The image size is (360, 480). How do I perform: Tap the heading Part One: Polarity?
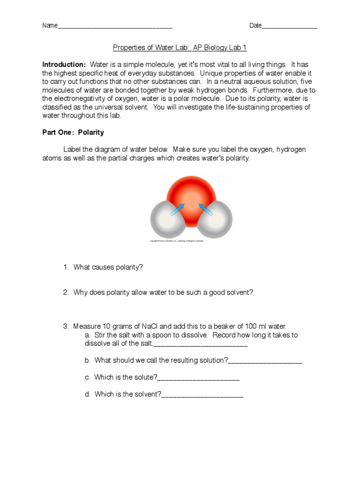click(x=73, y=133)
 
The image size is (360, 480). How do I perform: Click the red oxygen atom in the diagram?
click(x=190, y=192)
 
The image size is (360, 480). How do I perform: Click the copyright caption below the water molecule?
click(x=190, y=241)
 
